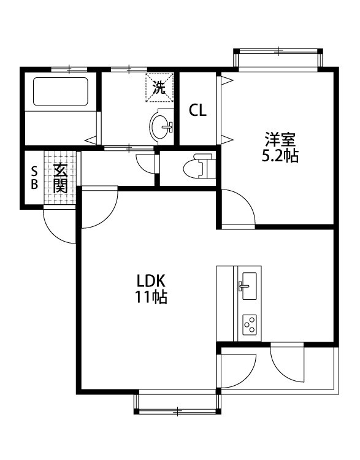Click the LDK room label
point(151,281)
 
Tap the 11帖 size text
point(151,298)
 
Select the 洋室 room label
point(280,138)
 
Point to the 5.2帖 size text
point(280,156)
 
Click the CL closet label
point(197,111)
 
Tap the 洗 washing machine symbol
point(159,87)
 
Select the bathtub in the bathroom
point(60,91)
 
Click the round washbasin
point(161,126)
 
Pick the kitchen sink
point(249,286)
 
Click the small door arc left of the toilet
point(146,162)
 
